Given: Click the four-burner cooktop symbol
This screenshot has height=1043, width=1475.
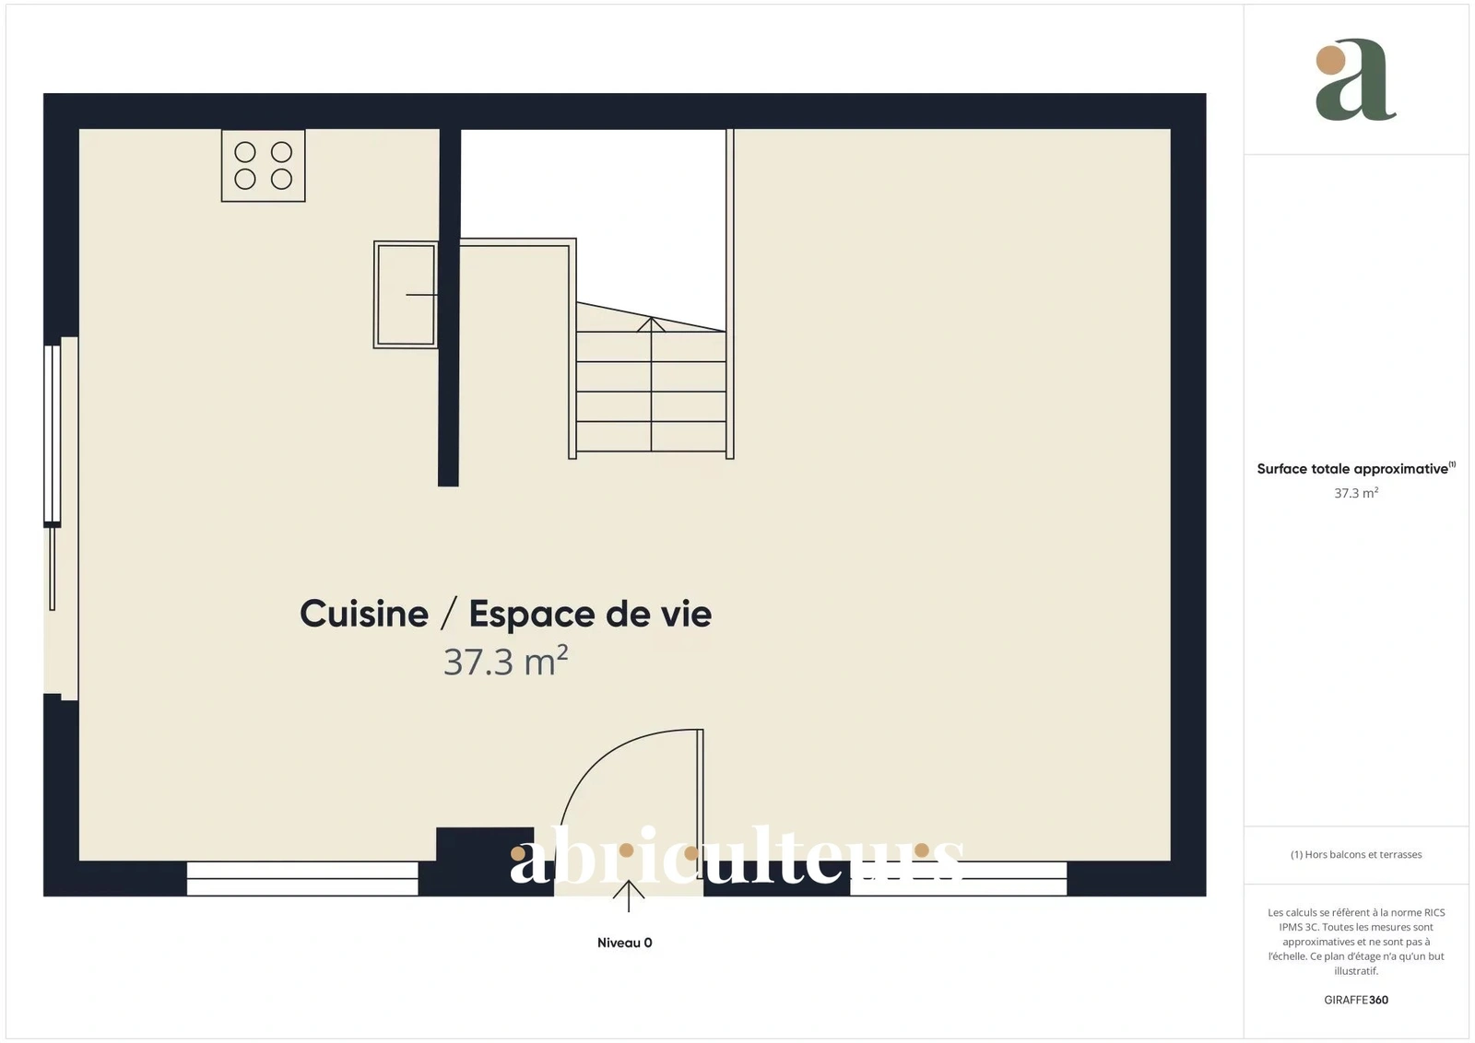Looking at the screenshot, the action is (x=263, y=165).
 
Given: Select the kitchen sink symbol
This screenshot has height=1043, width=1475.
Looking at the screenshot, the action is (x=406, y=294).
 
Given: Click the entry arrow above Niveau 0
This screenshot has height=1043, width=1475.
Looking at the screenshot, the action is (x=628, y=896).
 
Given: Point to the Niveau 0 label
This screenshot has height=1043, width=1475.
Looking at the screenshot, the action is (x=624, y=943).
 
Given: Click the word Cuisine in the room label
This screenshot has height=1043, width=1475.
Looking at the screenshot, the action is (x=364, y=614).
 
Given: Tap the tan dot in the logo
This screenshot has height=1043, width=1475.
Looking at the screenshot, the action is (x=1330, y=59).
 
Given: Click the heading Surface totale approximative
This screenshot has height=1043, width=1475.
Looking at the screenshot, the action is (x=1352, y=469).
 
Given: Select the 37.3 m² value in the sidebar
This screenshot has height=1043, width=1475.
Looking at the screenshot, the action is (x=1356, y=493).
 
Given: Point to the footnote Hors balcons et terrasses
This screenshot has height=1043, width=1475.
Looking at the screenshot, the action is (x=1356, y=854).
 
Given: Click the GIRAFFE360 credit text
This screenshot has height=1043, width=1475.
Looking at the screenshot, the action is (x=1356, y=1000).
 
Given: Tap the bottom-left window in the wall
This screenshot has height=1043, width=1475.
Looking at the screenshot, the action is (x=302, y=878).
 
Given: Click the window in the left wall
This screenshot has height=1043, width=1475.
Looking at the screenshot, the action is (x=53, y=435).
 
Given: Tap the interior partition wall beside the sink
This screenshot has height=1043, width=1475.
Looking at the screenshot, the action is (x=449, y=308).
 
